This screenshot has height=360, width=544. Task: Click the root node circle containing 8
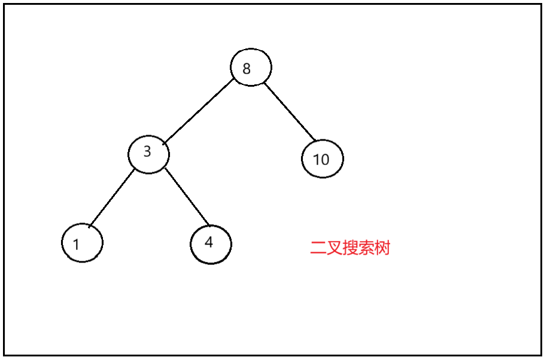[251, 67]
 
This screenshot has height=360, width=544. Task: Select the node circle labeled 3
[148, 154]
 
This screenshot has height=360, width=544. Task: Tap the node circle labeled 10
[323, 159]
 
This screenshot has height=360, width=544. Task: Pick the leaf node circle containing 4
[211, 244]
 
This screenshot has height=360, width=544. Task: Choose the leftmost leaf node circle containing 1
[82, 243]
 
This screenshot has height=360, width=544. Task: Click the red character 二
[317, 248]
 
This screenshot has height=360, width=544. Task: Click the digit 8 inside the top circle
[247, 68]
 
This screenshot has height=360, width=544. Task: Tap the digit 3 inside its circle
[147, 152]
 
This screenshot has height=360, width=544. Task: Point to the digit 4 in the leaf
[208, 242]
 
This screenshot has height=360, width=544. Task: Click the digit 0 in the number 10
[325, 160]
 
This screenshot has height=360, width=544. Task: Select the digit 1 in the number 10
[316, 160]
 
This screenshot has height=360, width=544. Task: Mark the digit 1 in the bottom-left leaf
[76, 245]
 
